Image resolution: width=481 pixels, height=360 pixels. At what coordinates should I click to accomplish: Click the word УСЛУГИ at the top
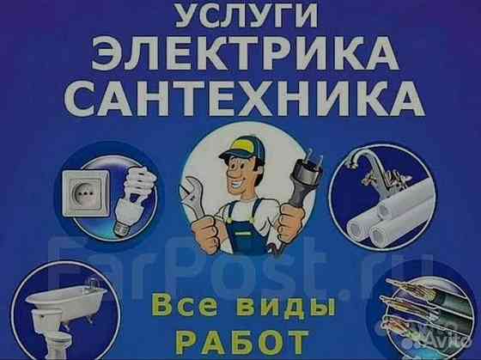point(242,16)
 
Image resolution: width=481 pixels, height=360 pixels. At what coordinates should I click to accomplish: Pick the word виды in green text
point(266,305)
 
